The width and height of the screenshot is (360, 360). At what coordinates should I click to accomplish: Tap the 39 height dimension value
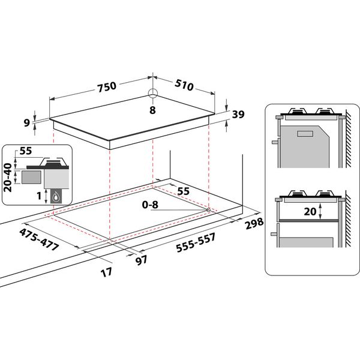(239, 115)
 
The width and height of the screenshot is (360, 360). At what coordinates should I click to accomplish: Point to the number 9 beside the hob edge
(26, 122)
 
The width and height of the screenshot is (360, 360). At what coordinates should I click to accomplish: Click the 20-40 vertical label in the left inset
(8, 177)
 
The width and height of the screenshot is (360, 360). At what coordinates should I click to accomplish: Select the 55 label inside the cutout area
(184, 190)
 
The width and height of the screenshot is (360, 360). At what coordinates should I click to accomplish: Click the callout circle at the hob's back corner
(152, 93)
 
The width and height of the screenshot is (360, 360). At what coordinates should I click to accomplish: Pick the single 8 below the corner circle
(152, 110)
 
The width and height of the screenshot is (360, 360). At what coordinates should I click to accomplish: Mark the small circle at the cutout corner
(208, 209)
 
